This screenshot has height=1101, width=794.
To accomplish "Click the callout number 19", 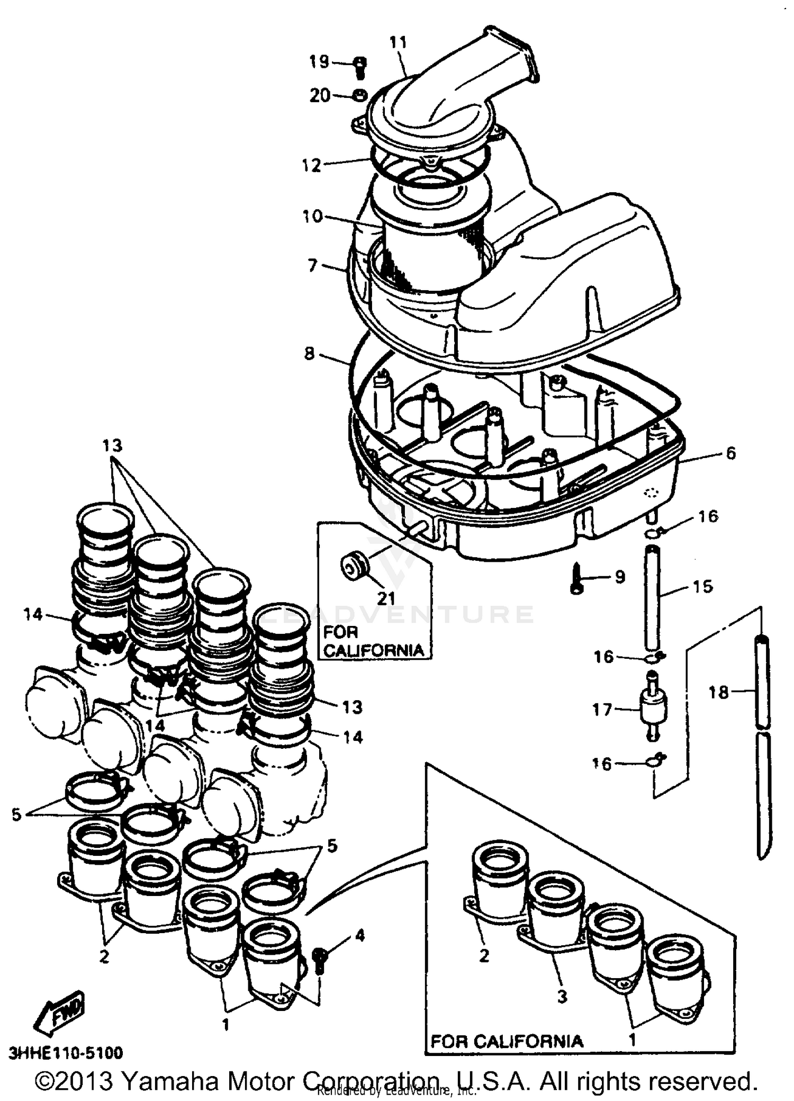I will (319, 62).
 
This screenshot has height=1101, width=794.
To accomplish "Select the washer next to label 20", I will (360, 95).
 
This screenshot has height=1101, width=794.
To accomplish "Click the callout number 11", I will (398, 42).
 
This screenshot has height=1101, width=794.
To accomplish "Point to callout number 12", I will (312, 165).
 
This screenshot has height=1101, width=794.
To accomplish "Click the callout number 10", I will (313, 216).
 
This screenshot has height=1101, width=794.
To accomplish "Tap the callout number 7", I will (313, 265).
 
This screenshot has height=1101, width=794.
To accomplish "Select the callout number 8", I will (310, 353).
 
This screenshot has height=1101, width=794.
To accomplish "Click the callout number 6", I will (730, 453).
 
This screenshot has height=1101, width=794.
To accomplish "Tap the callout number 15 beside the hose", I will (702, 586).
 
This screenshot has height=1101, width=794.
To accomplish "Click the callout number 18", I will (718, 692).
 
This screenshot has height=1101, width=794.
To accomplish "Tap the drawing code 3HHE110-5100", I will (66, 1051).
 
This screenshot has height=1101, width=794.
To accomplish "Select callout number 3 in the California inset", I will (562, 996).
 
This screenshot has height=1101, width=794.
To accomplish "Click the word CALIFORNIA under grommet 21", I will (374, 650).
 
